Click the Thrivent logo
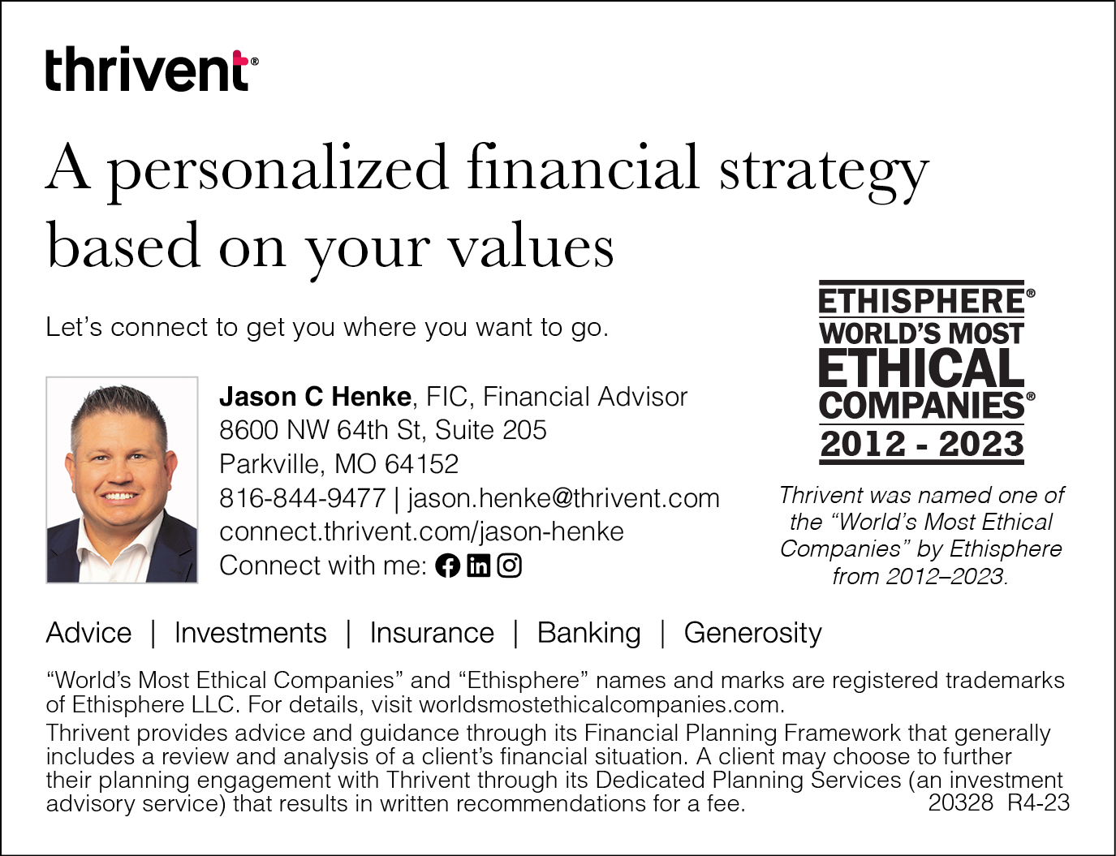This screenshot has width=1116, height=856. coord(152,69)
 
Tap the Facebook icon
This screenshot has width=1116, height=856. coord(447,566)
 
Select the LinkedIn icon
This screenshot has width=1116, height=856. coord(478,566)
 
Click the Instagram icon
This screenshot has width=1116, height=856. coord(509,566)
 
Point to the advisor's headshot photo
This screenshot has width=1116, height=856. coord(122,480)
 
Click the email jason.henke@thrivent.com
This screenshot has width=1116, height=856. coord(564,498)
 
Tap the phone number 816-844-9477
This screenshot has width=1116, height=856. coord(303,498)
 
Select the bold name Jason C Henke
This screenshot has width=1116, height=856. coord(316,397)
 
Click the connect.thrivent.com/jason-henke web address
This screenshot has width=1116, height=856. coord(422,531)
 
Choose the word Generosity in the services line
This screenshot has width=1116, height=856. coord(753,633)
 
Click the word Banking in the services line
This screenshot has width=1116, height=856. coord(589,633)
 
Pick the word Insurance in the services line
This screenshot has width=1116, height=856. coord(432,633)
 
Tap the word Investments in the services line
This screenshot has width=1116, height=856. coord(251,633)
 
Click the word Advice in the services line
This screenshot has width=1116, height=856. coord(88,633)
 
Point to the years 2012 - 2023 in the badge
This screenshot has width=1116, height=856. coord(922,444)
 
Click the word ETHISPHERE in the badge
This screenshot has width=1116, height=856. coord(922,301)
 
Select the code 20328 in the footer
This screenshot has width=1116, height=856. coord(961,803)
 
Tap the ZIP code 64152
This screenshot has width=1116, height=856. coord(422,464)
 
